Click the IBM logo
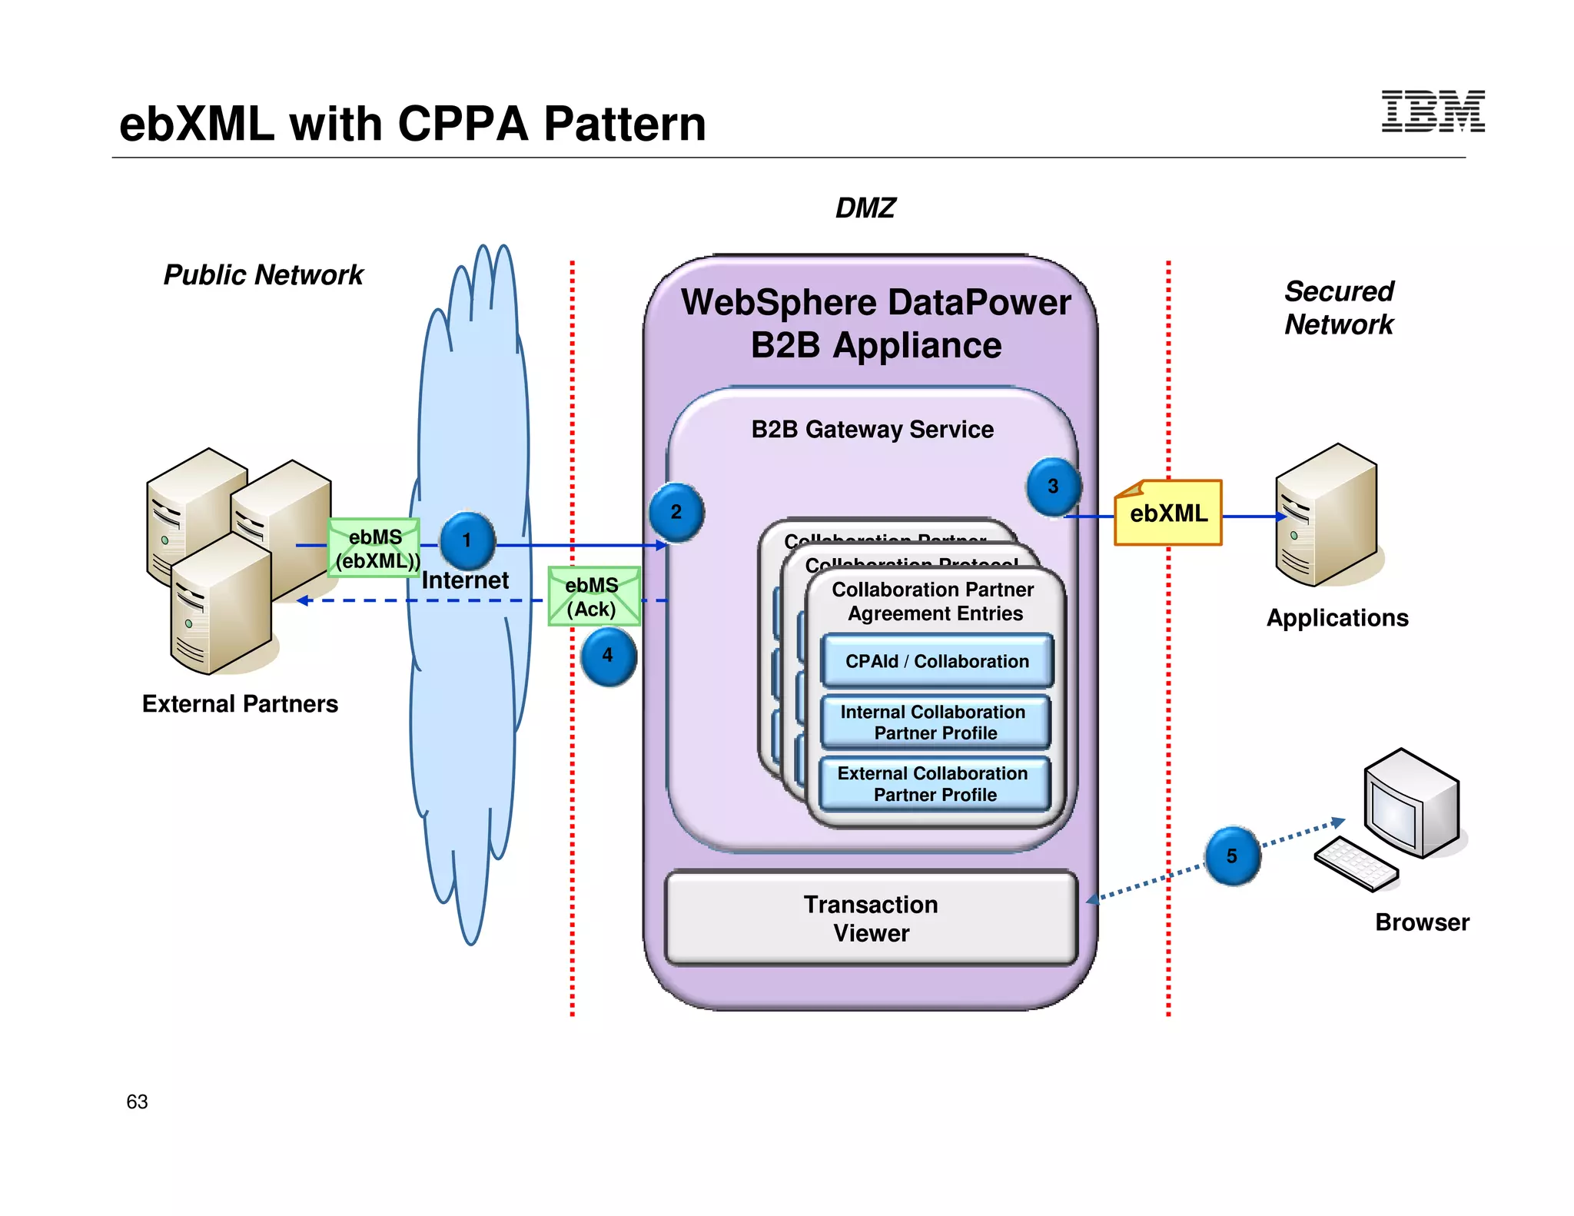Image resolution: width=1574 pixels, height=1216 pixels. [x=1433, y=111]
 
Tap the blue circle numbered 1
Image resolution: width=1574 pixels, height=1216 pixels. [x=467, y=540]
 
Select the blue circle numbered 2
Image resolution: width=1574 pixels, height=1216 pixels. [x=676, y=512]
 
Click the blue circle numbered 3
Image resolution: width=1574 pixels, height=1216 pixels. [x=1053, y=487]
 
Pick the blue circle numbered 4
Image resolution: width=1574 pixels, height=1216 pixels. [x=608, y=656]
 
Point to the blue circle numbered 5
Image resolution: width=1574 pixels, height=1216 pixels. [x=1232, y=856]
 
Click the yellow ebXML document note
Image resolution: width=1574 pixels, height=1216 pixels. [x=1168, y=513]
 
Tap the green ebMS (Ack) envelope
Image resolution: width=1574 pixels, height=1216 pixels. [x=593, y=596]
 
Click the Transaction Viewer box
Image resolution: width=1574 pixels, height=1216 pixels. [x=871, y=918]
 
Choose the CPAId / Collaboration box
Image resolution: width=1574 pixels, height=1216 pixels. [x=936, y=661]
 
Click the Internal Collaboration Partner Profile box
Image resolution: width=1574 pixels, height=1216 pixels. [x=935, y=723]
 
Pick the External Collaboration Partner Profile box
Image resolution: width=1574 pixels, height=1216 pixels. [x=934, y=784]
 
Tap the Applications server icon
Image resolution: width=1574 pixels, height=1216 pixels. [x=1326, y=515]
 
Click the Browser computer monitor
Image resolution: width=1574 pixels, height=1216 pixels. [x=1410, y=803]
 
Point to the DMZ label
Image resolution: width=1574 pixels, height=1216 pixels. [x=865, y=208]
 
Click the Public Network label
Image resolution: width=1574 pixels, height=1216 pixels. [x=263, y=275]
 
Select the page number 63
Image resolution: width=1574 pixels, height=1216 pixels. [x=137, y=1101]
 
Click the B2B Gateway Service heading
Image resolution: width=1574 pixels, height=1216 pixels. [x=872, y=429]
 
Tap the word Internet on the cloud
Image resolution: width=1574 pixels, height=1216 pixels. [x=465, y=580]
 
